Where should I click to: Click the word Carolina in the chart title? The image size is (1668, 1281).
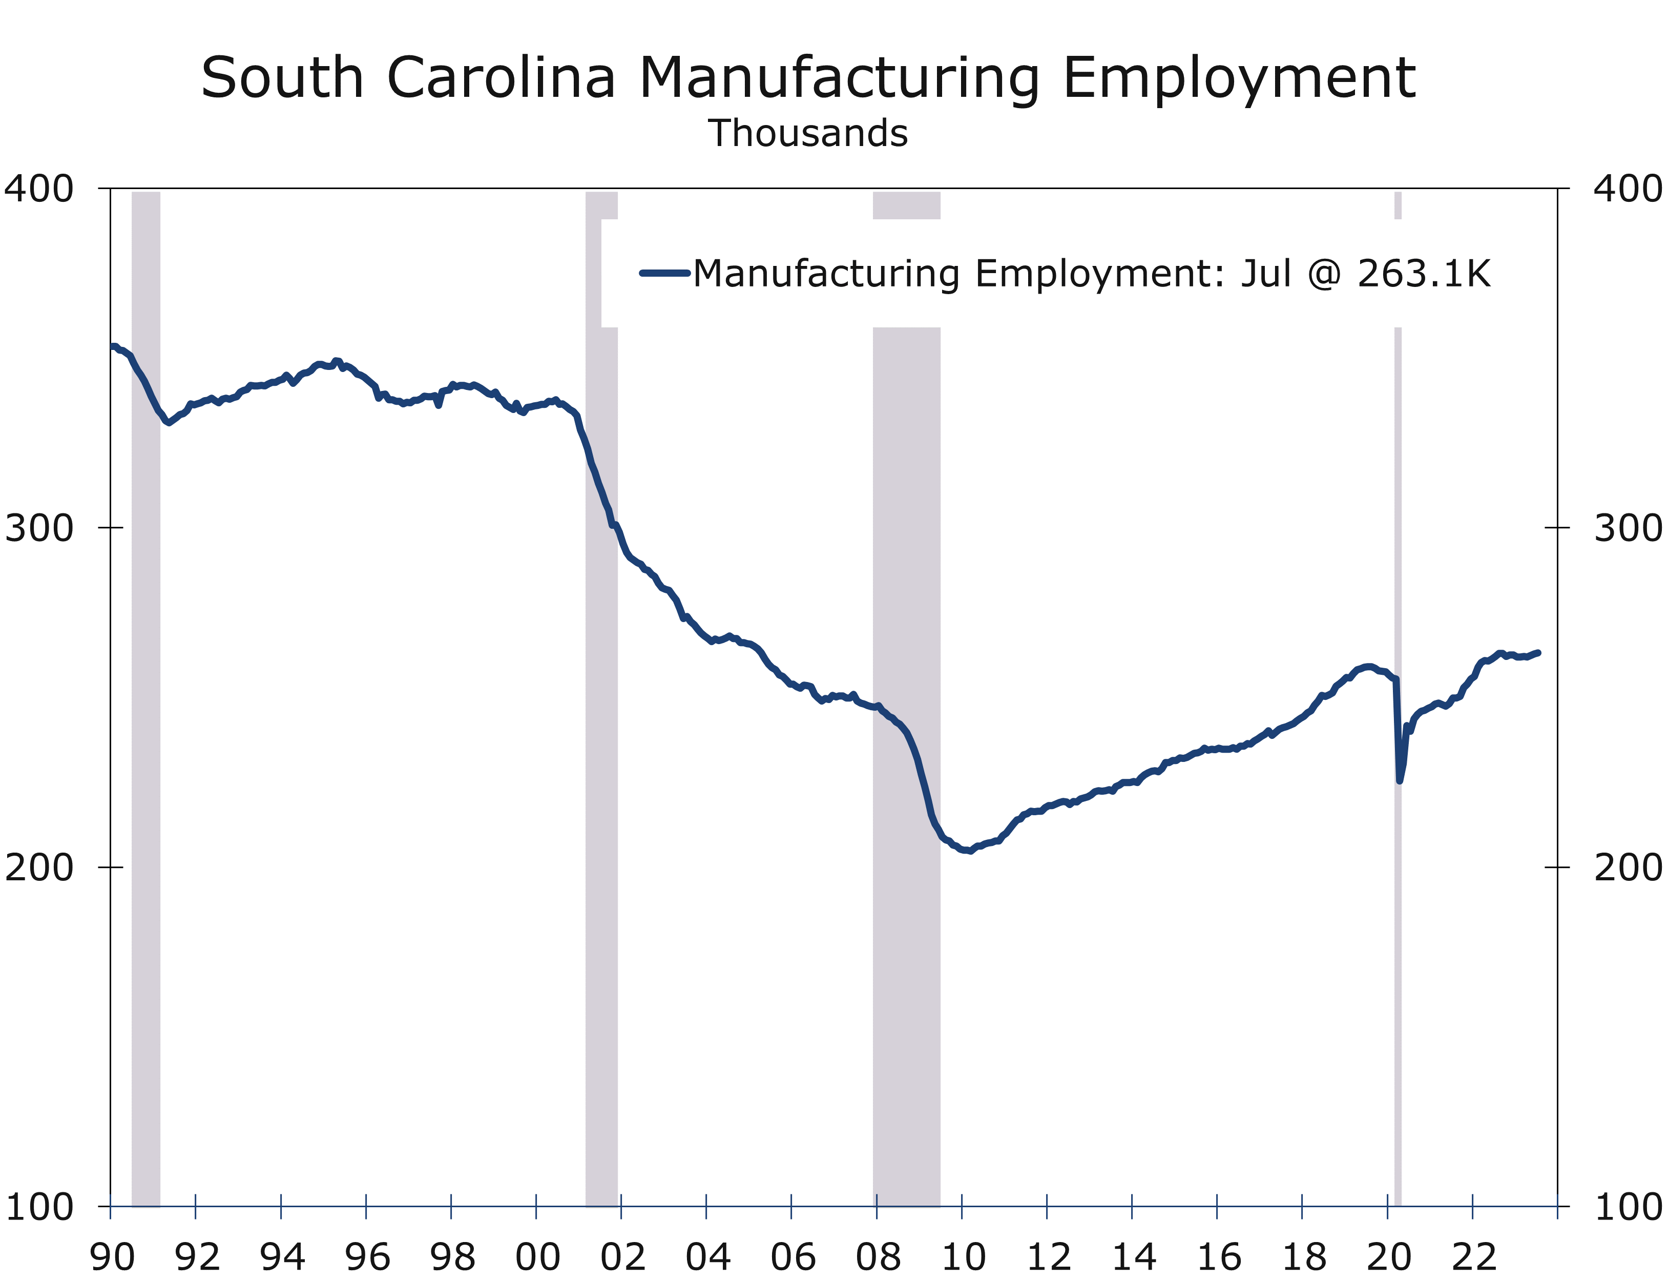point(501,78)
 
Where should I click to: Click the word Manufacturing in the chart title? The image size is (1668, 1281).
point(839,78)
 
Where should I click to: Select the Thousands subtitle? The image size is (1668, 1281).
point(807,133)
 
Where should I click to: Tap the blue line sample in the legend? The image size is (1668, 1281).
point(665,273)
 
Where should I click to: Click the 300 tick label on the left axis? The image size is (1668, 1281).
point(39,528)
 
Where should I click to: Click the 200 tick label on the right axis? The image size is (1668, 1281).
point(1629,867)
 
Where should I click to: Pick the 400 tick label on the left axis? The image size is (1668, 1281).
point(39,189)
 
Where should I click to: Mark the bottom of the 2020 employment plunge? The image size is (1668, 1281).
point(1399,780)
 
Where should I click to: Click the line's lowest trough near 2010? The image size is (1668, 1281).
point(969,851)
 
